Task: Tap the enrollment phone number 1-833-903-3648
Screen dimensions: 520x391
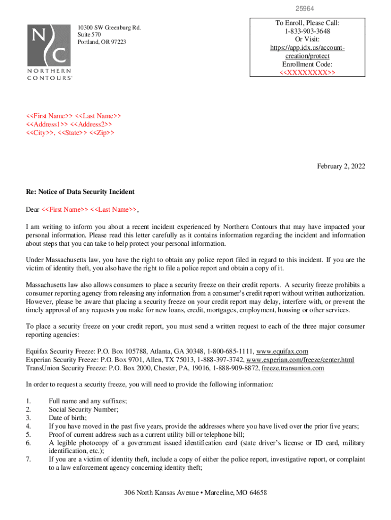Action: [x=307, y=31]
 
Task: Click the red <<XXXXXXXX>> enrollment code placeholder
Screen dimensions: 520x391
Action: [x=307, y=73]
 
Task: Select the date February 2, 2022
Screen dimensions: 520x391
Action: [x=341, y=166]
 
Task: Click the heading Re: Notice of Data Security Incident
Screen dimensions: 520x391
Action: [x=80, y=192]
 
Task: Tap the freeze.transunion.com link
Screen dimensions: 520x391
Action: [x=292, y=368]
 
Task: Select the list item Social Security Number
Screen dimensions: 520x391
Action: [x=83, y=409]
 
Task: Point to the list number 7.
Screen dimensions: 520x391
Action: [x=28, y=460]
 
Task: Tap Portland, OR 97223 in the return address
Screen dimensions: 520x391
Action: [x=102, y=42]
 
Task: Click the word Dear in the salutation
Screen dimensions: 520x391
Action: [x=32, y=209]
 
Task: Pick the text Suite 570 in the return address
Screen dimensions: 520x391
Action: [x=90, y=34]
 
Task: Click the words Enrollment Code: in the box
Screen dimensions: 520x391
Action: [x=307, y=64]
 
